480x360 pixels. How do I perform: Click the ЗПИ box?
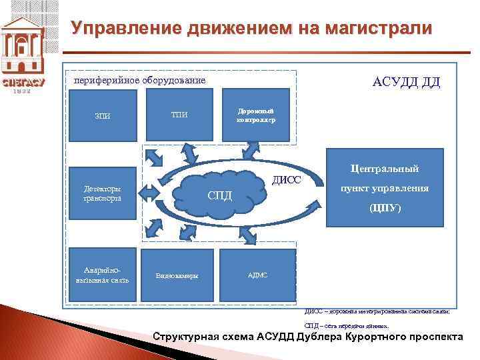[x=103, y=115]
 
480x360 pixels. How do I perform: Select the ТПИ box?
[x=179, y=115]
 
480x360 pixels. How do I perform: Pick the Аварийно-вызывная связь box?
[x=103, y=275]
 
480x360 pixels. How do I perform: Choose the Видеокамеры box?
[x=179, y=275]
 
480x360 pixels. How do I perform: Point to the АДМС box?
[x=257, y=275]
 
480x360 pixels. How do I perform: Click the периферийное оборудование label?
[x=139, y=81]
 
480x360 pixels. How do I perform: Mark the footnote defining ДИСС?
[x=377, y=311]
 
